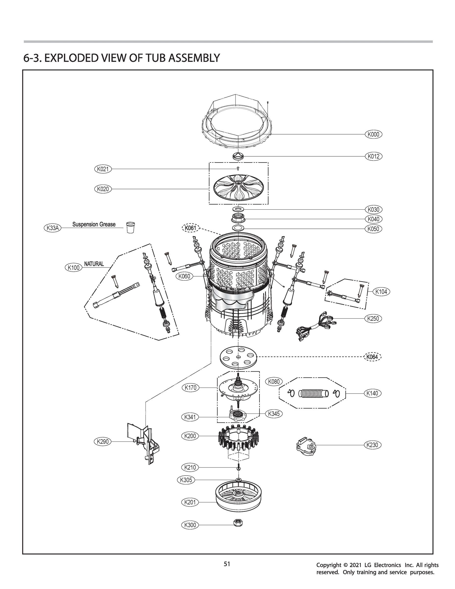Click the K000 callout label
tap(373, 134)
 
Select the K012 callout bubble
tap(373, 156)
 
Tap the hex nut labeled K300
tap(238, 522)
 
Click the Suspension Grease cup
tap(130, 227)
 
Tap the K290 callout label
tap(103, 442)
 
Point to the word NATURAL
tap(94, 264)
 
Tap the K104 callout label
tap(381, 292)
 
